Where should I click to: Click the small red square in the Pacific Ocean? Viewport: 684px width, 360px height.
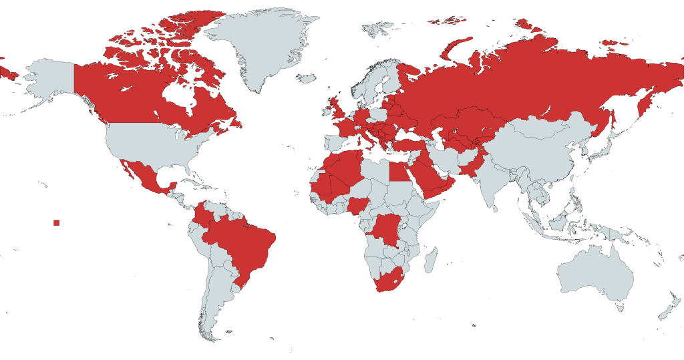pos(57,222)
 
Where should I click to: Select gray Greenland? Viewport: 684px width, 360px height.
pos(261,47)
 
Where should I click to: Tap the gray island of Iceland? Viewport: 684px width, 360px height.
pos(305,79)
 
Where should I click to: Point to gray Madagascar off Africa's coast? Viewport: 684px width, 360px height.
pos(430,260)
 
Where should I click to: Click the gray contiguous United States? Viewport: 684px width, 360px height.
pos(154,144)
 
